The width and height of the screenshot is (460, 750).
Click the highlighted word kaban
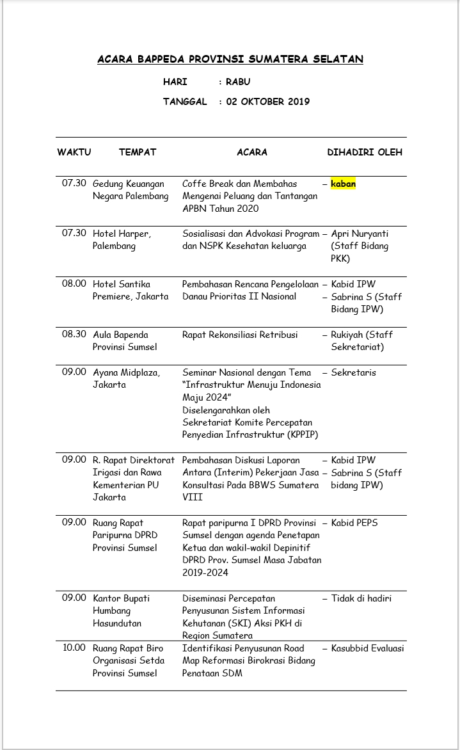click(x=343, y=184)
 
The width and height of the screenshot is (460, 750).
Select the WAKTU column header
click(x=74, y=152)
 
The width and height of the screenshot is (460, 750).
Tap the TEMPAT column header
click(x=138, y=152)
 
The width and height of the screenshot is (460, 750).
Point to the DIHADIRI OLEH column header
click(x=365, y=152)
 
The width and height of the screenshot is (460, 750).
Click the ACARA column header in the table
click(x=252, y=152)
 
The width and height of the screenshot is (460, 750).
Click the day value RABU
click(x=238, y=82)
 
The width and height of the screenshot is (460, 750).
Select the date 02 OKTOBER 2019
click(x=268, y=101)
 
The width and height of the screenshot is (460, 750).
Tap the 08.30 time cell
click(x=74, y=335)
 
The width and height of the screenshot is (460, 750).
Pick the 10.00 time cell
click(x=74, y=648)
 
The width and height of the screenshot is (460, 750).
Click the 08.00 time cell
click(x=74, y=283)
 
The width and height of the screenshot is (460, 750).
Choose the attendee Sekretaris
click(x=353, y=372)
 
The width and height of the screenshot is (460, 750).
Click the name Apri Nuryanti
click(x=360, y=234)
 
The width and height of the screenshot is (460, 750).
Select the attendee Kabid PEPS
click(x=354, y=523)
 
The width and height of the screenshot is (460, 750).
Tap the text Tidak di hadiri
click(x=361, y=598)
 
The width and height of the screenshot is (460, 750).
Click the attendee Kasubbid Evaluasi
click(x=367, y=648)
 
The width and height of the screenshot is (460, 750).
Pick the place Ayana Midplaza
click(x=127, y=372)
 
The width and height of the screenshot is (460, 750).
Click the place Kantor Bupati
click(x=122, y=598)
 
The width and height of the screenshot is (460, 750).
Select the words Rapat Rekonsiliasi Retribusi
click(x=240, y=335)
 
